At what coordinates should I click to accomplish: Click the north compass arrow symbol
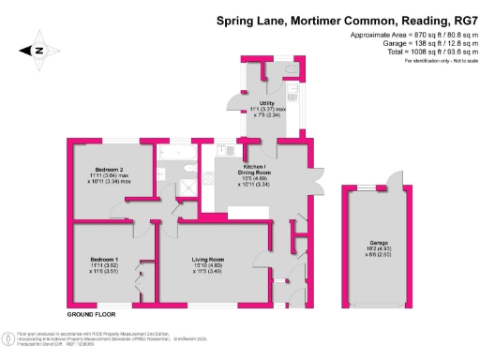[42, 52]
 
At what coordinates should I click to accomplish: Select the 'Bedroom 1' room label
[103, 258]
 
